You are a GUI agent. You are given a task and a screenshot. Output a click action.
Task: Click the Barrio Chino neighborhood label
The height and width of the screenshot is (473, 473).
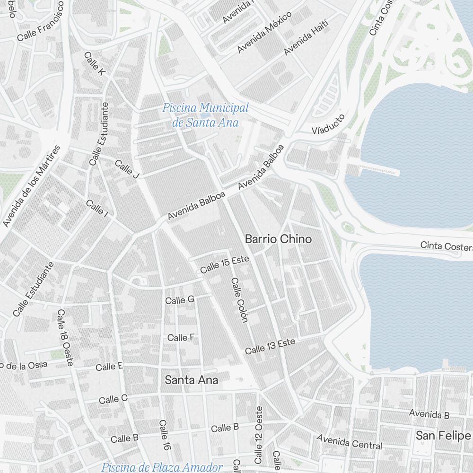tap(278, 239)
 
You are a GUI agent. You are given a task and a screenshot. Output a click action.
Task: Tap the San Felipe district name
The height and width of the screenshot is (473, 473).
tap(443, 436)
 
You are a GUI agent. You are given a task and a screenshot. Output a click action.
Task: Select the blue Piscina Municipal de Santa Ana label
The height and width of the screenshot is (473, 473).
tap(205, 115)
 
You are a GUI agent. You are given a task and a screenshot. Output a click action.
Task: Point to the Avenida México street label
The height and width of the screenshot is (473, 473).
tap(264, 32)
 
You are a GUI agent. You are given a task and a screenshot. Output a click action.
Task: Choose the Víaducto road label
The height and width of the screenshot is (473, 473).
tap(328, 124)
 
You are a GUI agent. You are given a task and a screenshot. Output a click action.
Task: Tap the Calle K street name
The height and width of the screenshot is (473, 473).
tap(95, 63)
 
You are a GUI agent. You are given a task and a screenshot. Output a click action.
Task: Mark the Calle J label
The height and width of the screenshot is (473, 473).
tap(127, 169)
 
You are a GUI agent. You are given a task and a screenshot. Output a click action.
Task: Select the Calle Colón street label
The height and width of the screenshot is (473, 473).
tap(239, 300)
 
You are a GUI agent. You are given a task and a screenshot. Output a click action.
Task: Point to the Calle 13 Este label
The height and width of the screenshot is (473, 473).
tap(270, 347)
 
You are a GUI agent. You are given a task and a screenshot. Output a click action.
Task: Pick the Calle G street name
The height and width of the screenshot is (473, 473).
tap(180, 300)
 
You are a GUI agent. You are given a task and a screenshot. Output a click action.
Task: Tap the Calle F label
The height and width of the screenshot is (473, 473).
tap(181, 337)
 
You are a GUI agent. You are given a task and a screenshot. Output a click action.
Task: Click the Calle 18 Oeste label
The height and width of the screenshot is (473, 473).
tap(65, 338)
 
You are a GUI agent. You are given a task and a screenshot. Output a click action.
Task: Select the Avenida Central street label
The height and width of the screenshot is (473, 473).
tap(350, 442)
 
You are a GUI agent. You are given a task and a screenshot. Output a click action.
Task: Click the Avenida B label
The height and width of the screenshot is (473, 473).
tap(429, 414)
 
